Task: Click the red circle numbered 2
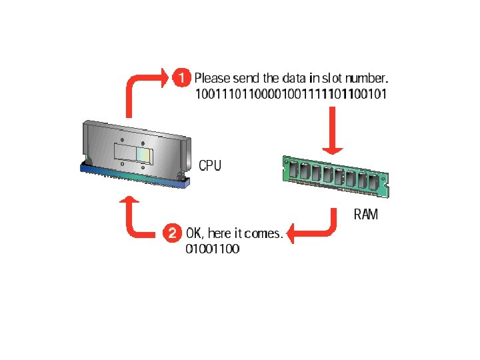172,233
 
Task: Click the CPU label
211,165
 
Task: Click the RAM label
365,215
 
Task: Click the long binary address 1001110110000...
291,94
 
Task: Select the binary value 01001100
213,249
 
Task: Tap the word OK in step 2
195,233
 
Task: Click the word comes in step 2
265,233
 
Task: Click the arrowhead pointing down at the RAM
332,149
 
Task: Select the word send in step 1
247,79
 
